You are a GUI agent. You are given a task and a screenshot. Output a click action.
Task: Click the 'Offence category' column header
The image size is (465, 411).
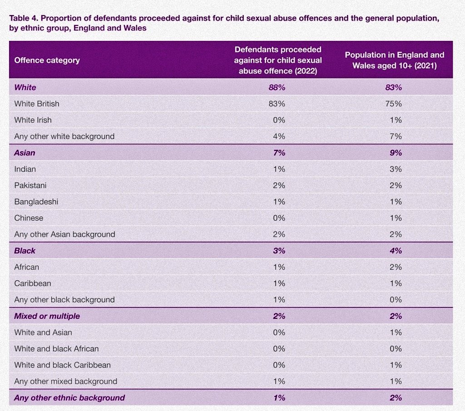click(x=47, y=60)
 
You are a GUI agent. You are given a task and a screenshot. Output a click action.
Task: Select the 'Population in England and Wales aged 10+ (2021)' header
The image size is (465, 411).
click(x=395, y=60)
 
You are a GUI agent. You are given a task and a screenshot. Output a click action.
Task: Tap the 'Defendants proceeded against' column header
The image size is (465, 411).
click(x=278, y=60)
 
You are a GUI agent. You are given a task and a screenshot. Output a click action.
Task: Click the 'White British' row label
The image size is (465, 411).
click(x=37, y=104)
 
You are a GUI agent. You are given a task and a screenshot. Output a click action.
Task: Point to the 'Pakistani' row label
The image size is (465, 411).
click(x=30, y=185)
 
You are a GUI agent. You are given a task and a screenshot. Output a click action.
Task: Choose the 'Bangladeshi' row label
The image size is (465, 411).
click(x=36, y=202)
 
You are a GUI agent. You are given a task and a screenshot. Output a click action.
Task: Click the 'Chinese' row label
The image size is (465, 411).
click(x=29, y=218)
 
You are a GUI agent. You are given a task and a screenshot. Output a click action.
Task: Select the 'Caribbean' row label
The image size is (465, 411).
click(x=33, y=283)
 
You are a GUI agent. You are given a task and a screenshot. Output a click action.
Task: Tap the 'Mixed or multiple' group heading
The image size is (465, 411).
click(x=47, y=316)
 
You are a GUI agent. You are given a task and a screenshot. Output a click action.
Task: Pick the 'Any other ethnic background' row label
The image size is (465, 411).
click(x=69, y=398)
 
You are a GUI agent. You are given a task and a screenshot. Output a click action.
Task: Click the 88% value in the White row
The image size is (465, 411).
click(x=277, y=88)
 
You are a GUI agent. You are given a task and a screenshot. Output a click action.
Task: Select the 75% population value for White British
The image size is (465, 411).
click(x=394, y=104)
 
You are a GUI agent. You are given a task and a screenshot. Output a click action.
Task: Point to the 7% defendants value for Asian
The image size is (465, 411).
click(x=279, y=153)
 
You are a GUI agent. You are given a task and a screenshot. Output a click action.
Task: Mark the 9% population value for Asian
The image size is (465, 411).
click(x=396, y=153)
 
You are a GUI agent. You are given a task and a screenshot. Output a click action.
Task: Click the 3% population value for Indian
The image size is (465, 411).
click(x=396, y=169)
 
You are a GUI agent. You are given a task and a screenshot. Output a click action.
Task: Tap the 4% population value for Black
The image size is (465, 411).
click(x=396, y=251)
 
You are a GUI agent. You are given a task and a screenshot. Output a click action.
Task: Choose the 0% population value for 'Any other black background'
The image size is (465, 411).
click(x=396, y=299)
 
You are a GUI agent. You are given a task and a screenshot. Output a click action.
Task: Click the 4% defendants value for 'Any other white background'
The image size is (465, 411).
click(x=279, y=136)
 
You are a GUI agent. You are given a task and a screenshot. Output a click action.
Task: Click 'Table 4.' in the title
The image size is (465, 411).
click(x=24, y=18)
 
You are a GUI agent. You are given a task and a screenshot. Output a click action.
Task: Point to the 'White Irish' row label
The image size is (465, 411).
click(x=33, y=120)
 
